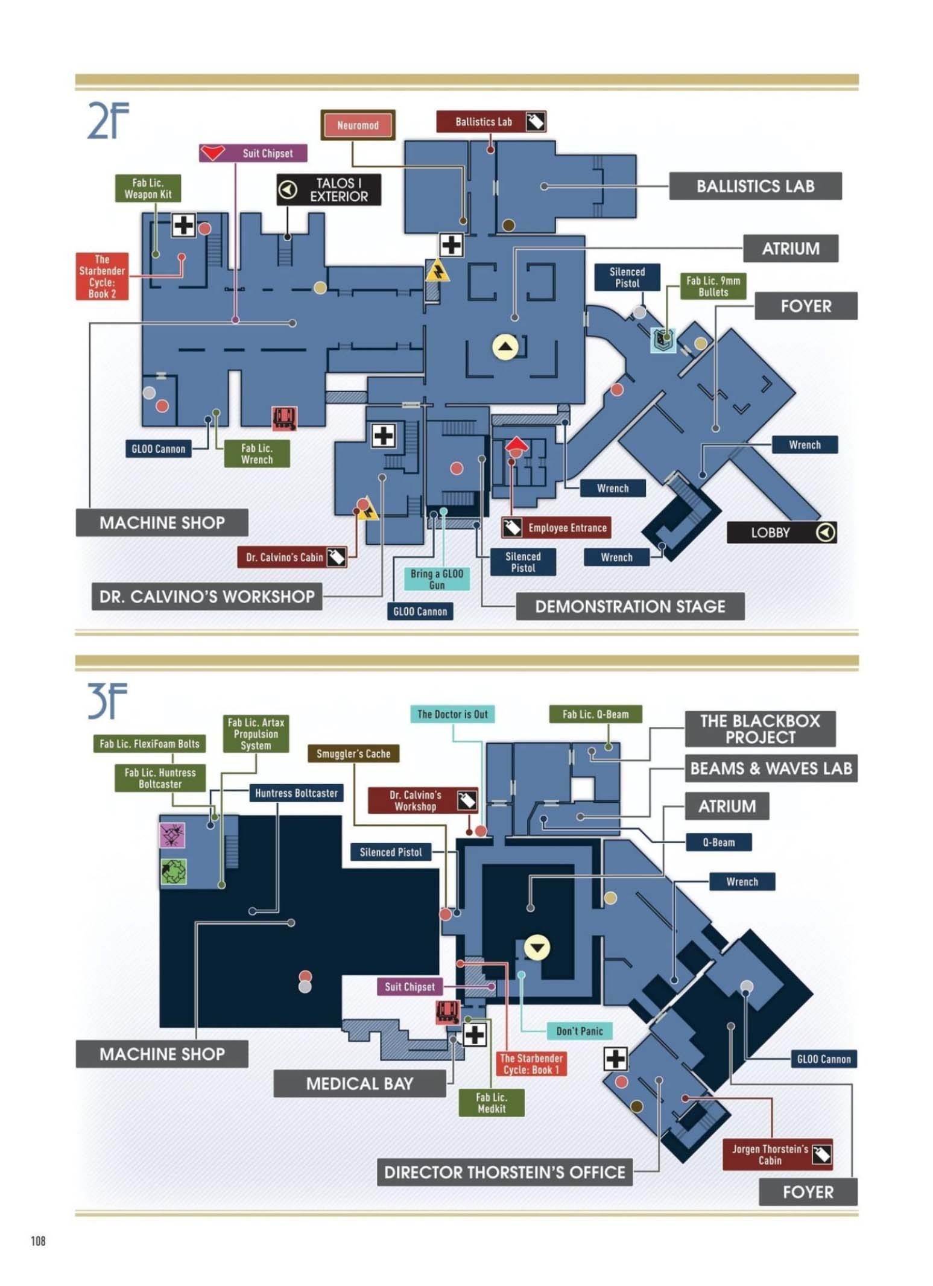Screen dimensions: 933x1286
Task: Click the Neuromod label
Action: tap(358, 125)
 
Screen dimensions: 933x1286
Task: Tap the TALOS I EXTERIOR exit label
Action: tap(329, 189)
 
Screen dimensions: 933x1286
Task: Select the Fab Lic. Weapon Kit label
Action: tap(148, 188)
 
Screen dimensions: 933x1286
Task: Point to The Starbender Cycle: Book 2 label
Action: tap(102, 276)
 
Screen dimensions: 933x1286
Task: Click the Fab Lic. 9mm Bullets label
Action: tap(713, 286)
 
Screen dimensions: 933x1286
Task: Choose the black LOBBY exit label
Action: tap(782, 532)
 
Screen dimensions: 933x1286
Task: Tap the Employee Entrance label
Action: tap(556, 527)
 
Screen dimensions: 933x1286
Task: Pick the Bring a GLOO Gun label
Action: tap(437, 579)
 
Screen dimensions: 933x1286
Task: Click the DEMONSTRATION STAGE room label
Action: tap(630, 606)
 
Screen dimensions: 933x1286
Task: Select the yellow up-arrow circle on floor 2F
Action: tap(505, 347)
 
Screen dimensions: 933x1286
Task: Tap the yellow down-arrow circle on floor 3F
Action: tap(537, 946)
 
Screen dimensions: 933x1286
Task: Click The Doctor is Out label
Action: tap(452, 714)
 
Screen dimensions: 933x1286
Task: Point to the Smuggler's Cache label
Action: tap(353, 753)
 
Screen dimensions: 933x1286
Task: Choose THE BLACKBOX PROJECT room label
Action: tap(760, 729)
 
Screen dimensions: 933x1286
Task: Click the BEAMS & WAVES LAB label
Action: tap(771, 768)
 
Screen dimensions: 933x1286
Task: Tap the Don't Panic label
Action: tap(579, 1031)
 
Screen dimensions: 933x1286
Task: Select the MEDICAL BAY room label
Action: tap(359, 1083)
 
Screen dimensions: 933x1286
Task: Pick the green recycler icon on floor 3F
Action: tap(174, 872)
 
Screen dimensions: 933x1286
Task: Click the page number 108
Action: tap(38, 1241)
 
